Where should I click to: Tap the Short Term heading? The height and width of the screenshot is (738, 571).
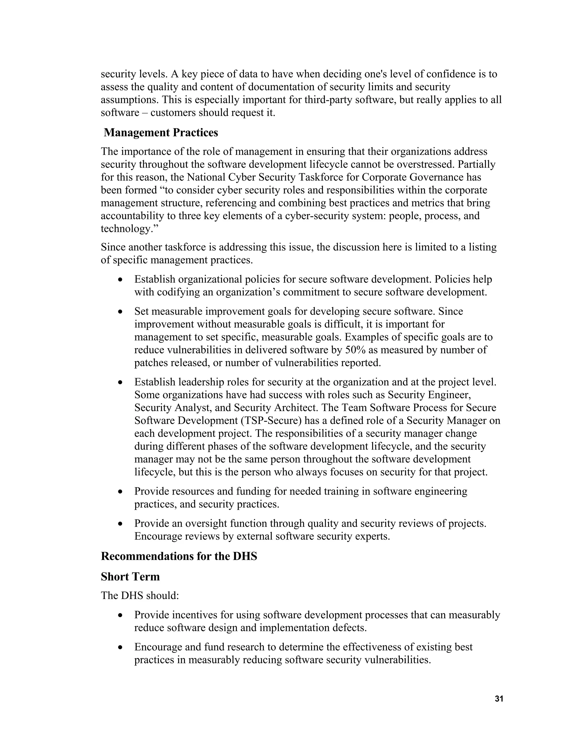(x=130, y=576)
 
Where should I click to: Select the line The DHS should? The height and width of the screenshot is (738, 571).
(x=140, y=595)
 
